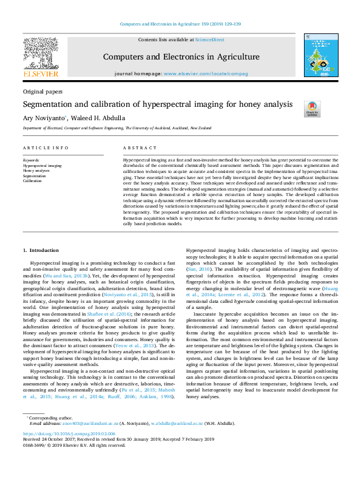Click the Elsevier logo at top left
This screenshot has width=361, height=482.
41,59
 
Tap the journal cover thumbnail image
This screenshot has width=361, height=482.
320,58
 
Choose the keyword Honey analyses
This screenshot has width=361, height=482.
38,171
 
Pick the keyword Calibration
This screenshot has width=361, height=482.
33,181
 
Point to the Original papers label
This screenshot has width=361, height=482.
42,92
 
